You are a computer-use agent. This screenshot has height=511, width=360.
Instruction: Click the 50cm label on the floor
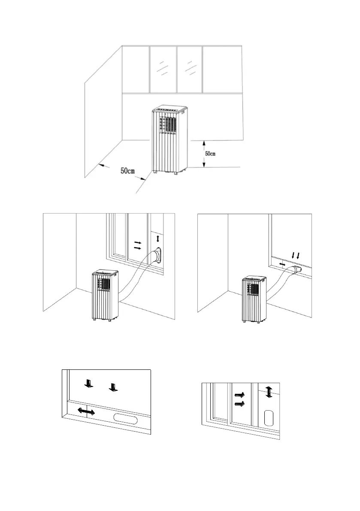point(127,171)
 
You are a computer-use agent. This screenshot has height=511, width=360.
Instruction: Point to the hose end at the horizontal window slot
point(295,270)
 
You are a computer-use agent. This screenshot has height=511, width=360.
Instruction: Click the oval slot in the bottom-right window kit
point(269,417)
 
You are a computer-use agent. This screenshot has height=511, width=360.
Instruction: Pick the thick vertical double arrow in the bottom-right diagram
point(268,392)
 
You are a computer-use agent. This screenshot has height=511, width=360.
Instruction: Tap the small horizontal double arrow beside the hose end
point(282,265)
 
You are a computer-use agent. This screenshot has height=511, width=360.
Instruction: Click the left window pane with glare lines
point(163,69)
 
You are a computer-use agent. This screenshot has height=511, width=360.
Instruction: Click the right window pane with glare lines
point(189,69)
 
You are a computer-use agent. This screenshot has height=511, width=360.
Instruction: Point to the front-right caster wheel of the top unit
point(176,173)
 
